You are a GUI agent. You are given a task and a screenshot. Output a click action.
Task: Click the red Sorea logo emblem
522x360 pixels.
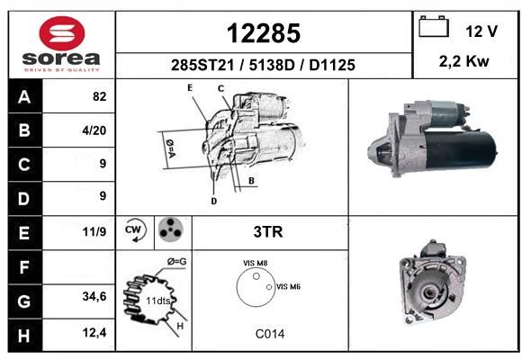(62, 33)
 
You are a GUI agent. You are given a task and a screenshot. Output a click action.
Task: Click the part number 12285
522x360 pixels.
(264, 33)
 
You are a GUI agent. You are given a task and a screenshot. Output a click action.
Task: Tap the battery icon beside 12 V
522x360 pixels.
(434, 26)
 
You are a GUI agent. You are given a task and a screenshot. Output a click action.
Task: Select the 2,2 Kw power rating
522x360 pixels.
(464, 61)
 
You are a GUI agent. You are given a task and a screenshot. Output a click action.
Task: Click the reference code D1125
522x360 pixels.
(332, 66)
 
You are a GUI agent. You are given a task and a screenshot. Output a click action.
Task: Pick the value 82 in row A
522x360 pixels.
(100, 96)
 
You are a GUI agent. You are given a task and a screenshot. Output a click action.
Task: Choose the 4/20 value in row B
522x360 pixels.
(94, 130)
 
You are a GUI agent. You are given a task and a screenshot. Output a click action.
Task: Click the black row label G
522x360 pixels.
(24, 301)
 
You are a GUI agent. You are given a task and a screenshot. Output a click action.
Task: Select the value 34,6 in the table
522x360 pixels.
(94, 296)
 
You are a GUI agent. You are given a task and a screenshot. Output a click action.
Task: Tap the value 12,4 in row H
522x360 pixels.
(94, 332)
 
